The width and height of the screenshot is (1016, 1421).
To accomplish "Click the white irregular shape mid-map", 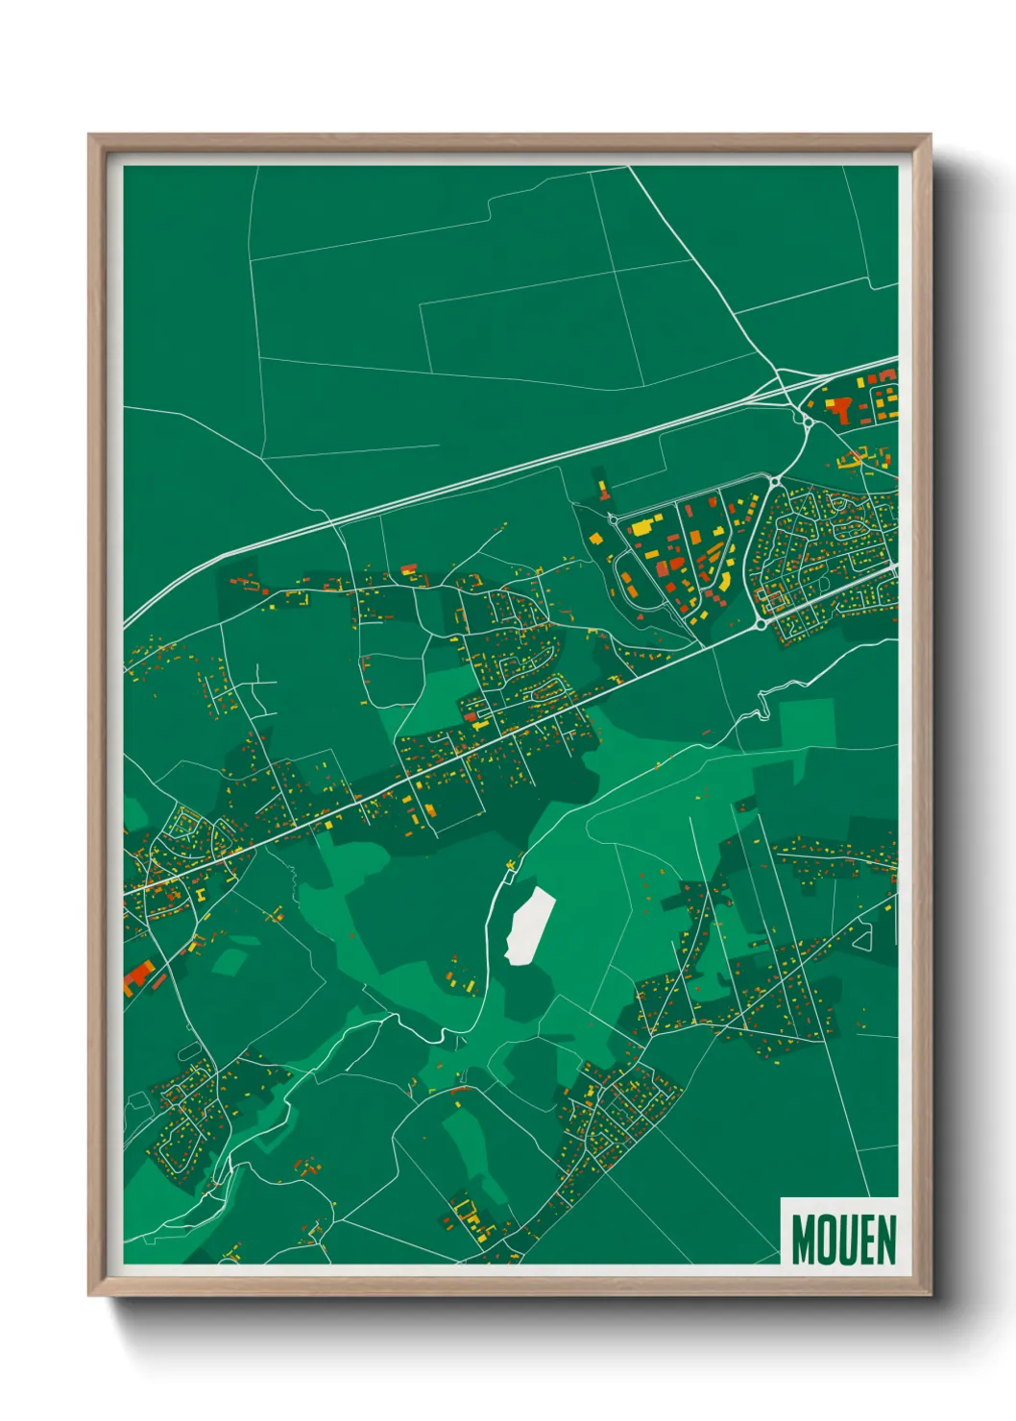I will (528, 924).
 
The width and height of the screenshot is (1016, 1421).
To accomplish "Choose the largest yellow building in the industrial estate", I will (641, 527).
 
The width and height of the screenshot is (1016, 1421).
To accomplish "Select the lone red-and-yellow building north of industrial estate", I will (603, 491).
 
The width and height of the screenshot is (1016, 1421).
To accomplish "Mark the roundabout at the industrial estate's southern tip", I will (762, 623).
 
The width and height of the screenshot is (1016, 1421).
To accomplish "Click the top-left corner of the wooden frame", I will (89, 135).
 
